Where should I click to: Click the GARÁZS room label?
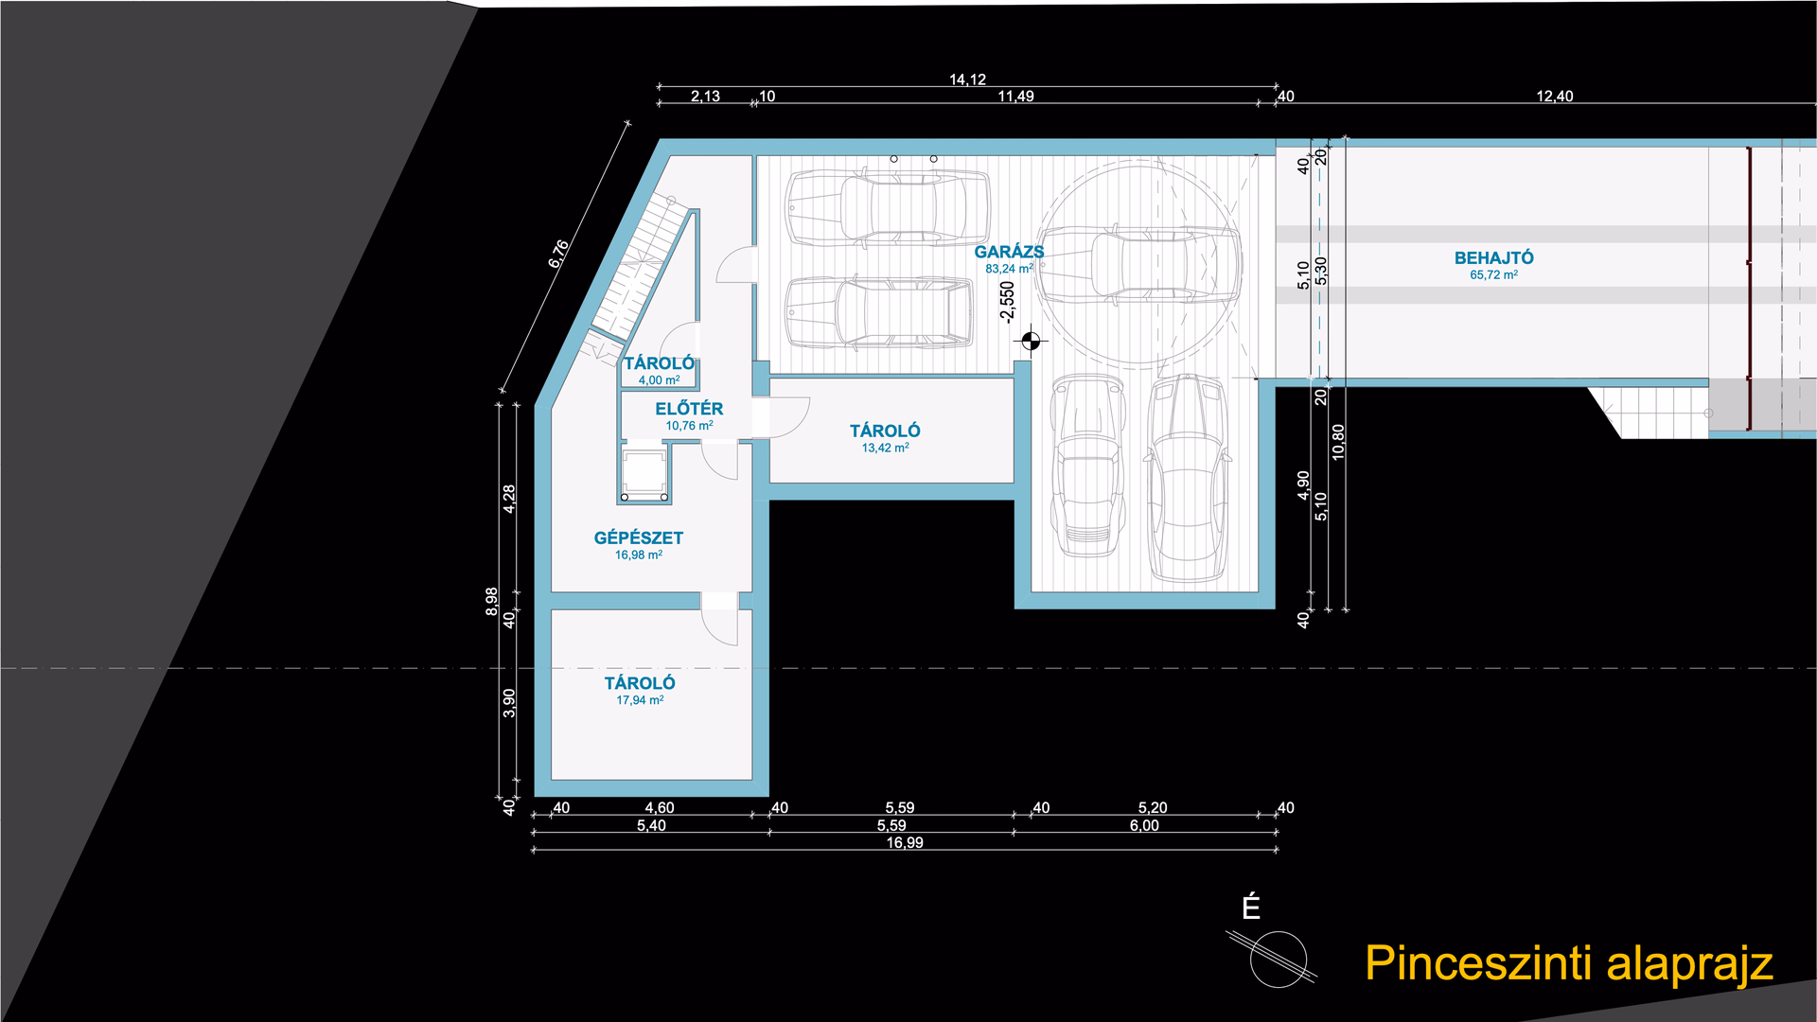pyautogui.click(x=1009, y=252)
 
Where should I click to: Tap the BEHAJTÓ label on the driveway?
pyautogui.click(x=1493, y=257)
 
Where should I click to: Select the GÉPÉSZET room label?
pyautogui.click(x=638, y=537)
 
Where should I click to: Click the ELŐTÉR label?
pyautogui.click(x=689, y=408)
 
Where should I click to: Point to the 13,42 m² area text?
pyautogui.click(x=885, y=448)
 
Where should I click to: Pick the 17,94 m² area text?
pyautogui.click(x=640, y=700)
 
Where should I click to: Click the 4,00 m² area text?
pyautogui.click(x=659, y=380)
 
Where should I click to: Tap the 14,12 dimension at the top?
pyautogui.click(x=967, y=79)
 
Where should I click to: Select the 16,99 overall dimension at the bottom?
pyautogui.click(x=905, y=842)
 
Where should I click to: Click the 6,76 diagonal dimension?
pyautogui.click(x=559, y=254)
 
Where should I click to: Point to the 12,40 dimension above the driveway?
pyautogui.click(x=1555, y=96)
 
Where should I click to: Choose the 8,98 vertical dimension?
pyautogui.click(x=491, y=602)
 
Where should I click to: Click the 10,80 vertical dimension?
pyautogui.click(x=1338, y=442)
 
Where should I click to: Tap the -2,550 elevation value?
pyautogui.click(x=1007, y=302)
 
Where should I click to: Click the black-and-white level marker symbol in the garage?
pyautogui.click(x=1031, y=341)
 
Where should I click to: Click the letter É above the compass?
pyautogui.click(x=1251, y=907)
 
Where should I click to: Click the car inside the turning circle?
pyautogui.click(x=1138, y=265)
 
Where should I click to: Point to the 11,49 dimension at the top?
pyautogui.click(x=1015, y=96)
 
